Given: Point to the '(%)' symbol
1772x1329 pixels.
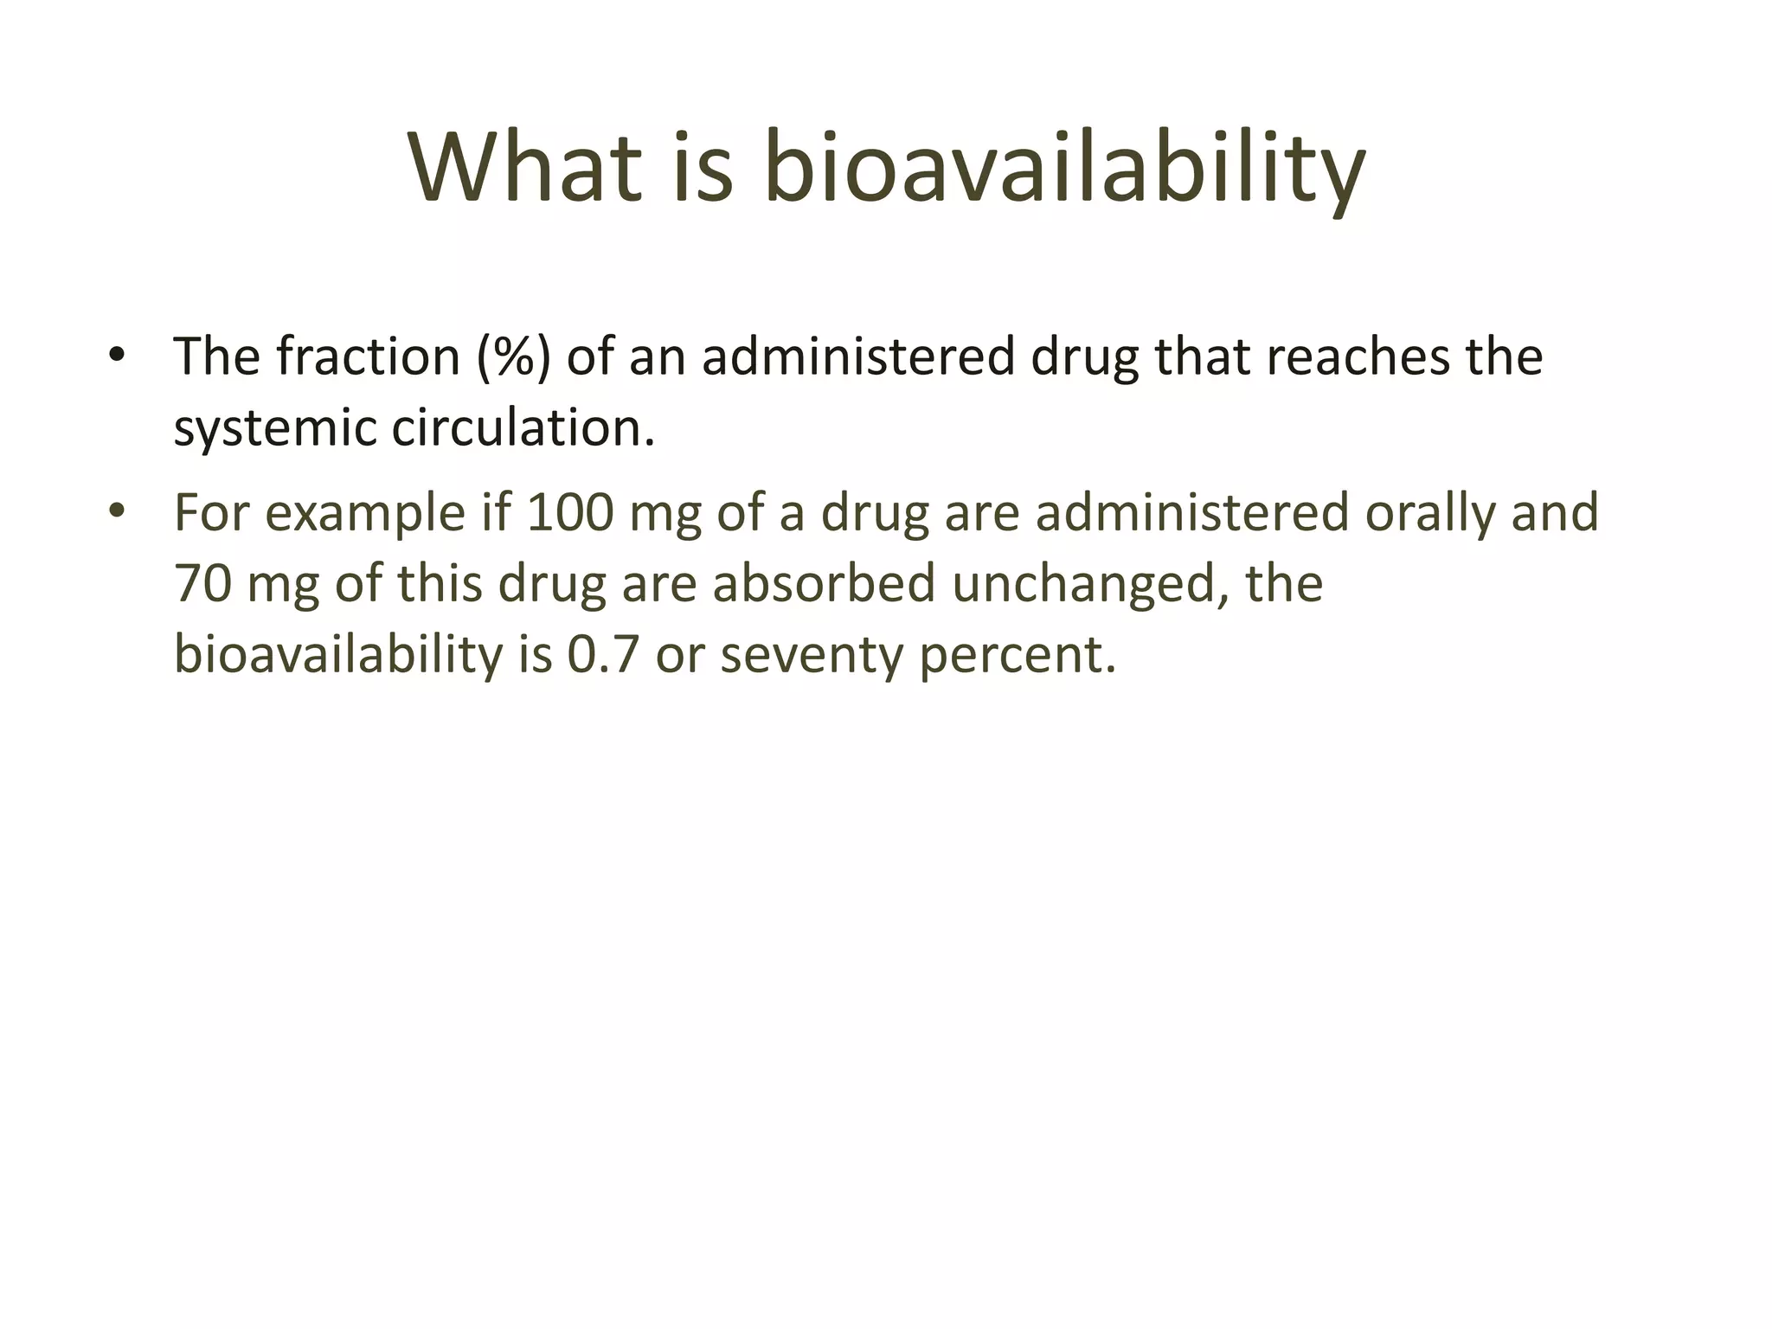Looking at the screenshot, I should point(513,356).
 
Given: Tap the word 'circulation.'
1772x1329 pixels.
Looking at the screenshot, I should point(523,427).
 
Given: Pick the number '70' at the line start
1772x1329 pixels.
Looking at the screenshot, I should point(202,583).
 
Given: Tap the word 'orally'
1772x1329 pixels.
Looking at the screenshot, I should point(1430,513).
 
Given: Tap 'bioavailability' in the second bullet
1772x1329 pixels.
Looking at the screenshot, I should point(338,655).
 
